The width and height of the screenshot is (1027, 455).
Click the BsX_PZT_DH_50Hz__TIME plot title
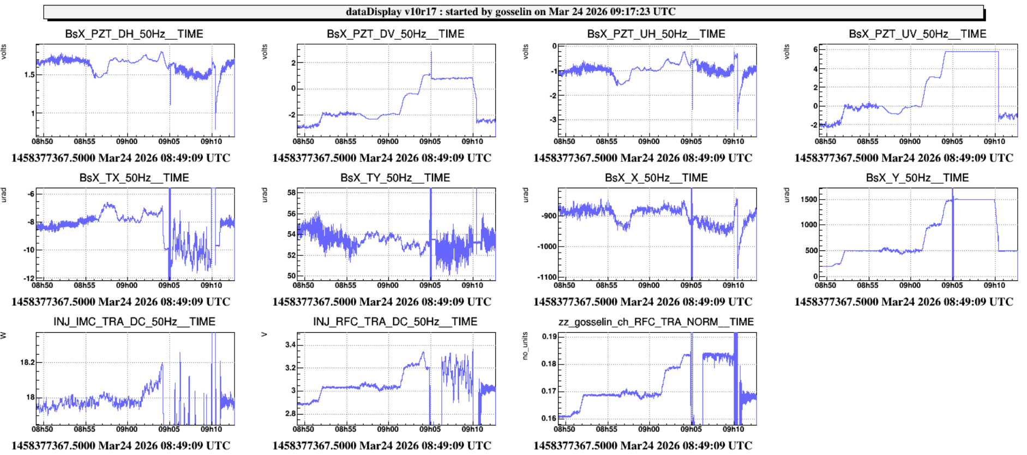134,34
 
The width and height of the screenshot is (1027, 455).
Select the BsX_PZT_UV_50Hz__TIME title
917,34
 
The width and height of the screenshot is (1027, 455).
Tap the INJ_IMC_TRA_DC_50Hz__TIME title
134,322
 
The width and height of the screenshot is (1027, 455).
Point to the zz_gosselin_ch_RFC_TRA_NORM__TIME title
656,322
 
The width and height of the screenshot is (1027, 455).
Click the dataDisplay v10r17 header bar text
511,11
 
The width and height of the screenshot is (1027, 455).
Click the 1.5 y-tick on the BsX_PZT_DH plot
29,75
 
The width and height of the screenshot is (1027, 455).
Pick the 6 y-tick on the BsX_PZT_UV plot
815,50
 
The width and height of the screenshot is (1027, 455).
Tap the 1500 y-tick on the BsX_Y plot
809,200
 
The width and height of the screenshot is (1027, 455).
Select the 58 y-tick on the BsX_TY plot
292,193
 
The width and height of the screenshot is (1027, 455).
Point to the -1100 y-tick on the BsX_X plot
546,277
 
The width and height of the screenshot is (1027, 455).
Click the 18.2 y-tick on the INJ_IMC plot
27,362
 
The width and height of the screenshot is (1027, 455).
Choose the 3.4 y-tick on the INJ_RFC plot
290,345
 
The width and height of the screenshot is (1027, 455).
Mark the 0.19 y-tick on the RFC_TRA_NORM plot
549,337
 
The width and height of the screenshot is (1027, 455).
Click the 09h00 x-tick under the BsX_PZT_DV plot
388,141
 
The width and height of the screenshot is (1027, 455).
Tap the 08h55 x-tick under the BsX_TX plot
85,285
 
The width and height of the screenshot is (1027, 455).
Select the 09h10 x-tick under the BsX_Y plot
994,285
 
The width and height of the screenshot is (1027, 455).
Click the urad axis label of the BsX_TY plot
265,195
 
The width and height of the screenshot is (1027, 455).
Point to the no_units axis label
525,346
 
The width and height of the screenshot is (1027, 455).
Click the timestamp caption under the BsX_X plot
642,302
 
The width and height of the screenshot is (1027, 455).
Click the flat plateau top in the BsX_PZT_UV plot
971,51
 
